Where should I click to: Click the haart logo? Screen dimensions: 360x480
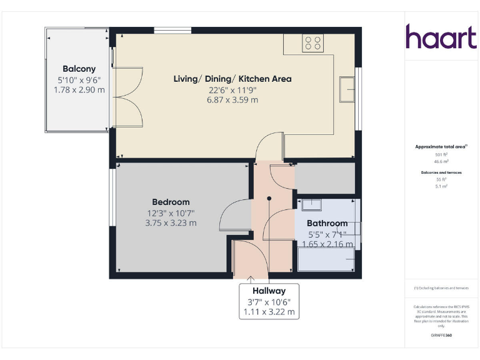pyautogui.click(x=441, y=37)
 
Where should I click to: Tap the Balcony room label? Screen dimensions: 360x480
pyautogui.click(x=79, y=69)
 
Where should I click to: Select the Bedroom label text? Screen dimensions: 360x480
pyautogui.click(x=171, y=202)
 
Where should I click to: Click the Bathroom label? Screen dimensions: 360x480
pyautogui.click(x=327, y=223)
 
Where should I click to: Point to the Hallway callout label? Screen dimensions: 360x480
pyautogui.click(x=269, y=291)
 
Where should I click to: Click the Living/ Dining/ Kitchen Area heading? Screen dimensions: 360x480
pyautogui.click(x=232, y=79)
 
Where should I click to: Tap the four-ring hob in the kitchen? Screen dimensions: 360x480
pyautogui.click(x=312, y=42)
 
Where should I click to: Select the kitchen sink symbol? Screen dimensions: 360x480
pyautogui.click(x=346, y=88)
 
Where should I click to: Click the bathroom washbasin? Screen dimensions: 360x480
pyautogui.click(x=311, y=204)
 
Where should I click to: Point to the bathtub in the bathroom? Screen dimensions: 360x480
pyautogui.click(x=326, y=259)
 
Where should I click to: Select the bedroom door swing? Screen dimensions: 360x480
pyautogui.click(x=235, y=216)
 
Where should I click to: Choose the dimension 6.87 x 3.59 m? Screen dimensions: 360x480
pyautogui.click(x=232, y=99)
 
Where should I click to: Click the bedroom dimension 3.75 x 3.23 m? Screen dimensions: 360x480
pyautogui.click(x=171, y=222)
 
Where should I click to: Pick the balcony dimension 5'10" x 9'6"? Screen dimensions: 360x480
pyautogui.click(x=79, y=80)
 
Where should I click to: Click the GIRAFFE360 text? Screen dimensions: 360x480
pyautogui.click(x=442, y=336)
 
